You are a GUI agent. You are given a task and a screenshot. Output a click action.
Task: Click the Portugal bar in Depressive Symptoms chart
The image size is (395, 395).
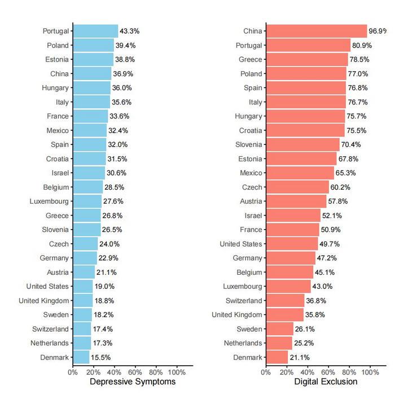tap(95, 31)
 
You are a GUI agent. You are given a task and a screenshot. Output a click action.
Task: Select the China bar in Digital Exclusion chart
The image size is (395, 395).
tap(316, 31)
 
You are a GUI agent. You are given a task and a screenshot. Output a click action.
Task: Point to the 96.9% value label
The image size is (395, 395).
tap(379, 31)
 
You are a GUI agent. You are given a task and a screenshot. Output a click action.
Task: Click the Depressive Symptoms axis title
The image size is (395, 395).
tap(133, 382)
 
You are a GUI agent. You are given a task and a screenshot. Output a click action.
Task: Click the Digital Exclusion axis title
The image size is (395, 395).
tap(326, 382)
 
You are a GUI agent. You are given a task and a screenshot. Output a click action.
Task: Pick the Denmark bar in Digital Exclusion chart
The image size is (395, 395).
tap(276, 357)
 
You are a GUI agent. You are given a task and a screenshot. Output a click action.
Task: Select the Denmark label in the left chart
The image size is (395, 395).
tap(54, 357)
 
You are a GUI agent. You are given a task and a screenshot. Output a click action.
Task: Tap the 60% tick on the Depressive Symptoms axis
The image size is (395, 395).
tap(135, 372)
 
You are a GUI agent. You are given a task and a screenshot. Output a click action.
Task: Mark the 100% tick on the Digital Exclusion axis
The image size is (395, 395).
tap(370, 372)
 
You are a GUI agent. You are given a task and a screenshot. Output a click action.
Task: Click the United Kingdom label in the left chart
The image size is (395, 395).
tap(43, 301)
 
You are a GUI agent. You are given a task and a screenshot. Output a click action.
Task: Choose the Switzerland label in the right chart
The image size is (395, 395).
tap(244, 301)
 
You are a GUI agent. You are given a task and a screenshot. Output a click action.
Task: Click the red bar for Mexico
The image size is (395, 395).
tap(300, 173)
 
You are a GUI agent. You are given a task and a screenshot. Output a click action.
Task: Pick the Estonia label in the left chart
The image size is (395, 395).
tap(57, 59)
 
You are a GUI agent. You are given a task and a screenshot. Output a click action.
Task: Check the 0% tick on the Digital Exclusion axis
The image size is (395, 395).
tap(266, 372)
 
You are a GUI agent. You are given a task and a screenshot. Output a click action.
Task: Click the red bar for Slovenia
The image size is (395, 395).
tap(302, 144)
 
